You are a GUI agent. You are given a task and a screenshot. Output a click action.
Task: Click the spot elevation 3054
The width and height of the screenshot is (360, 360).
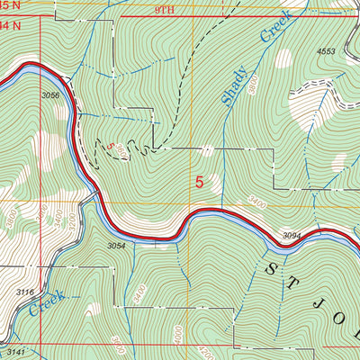tap(115, 245)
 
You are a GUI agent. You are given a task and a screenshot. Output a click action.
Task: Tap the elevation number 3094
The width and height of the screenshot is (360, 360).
tap(293, 236)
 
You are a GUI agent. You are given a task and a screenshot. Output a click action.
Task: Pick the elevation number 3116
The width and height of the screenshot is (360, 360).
tap(25, 292)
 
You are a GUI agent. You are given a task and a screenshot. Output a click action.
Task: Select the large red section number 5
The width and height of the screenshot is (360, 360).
tap(199, 182)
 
